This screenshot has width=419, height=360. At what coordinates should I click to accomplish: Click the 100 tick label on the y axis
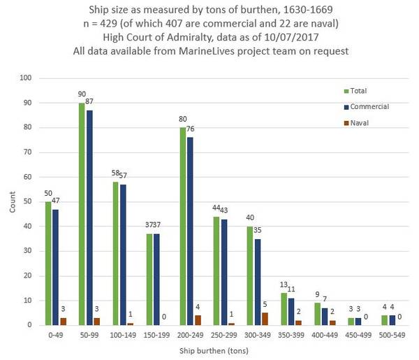[x=26, y=78]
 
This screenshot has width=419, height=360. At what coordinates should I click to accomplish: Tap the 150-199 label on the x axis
[x=158, y=334]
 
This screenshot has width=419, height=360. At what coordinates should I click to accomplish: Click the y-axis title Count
[x=10, y=203]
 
